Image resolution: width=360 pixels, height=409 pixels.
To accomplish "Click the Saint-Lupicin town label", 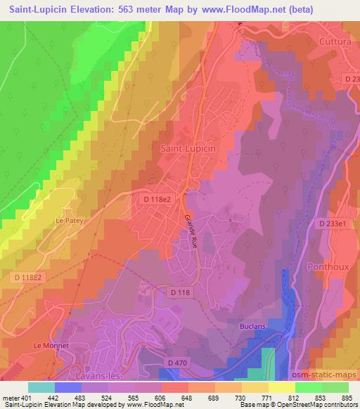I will tap(189, 148).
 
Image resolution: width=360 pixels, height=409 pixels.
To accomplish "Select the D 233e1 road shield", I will tap(333, 223).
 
